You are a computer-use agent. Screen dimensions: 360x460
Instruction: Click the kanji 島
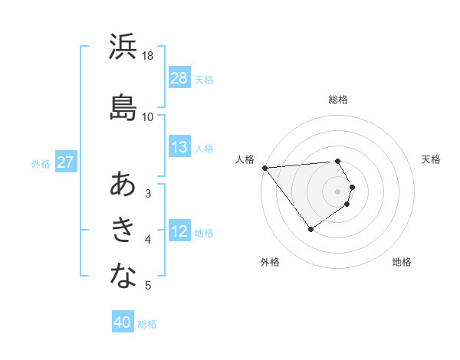123,107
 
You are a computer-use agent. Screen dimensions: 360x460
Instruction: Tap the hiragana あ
123,185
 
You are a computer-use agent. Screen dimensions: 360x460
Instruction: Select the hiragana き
123,230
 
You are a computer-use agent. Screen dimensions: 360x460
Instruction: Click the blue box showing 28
179,78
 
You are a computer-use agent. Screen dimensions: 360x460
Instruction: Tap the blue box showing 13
179,147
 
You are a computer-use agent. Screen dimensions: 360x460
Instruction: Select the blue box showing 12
179,232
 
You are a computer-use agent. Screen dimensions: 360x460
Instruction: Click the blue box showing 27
65,163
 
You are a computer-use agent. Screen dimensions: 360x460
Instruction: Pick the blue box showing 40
123,322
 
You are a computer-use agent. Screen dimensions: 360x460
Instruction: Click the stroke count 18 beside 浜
148,56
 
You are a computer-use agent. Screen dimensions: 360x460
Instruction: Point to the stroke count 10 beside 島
148,116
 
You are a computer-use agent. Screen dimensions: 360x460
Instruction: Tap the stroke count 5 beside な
148,286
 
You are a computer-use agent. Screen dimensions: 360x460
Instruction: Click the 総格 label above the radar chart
338,100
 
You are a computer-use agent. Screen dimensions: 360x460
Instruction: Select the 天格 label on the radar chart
432,159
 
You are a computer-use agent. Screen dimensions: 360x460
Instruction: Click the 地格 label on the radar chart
402,262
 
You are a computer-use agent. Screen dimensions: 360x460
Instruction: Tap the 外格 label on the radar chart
270,262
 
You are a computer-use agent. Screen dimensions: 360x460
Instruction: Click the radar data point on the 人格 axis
264,168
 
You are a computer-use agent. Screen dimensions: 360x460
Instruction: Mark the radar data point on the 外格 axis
310,229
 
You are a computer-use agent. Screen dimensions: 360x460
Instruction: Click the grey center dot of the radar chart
338,191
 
